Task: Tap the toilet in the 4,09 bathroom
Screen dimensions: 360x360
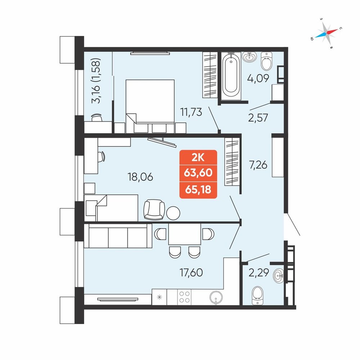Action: (x=266, y=61)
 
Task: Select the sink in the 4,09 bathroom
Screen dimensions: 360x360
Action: (x=249, y=57)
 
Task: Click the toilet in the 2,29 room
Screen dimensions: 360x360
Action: (x=257, y=296)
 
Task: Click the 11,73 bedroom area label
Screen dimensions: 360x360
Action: (x=191, y=112)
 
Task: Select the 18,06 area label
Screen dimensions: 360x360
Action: (x=140, y=177)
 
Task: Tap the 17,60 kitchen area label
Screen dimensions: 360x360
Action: (x=191, y=273)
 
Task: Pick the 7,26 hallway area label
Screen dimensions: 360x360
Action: (x=258, y=165)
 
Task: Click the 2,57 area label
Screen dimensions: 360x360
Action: (x=258, y=118)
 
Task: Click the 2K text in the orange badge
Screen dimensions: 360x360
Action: (x=198, y=158)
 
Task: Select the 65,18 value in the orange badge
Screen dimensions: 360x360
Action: (x=198, y=190)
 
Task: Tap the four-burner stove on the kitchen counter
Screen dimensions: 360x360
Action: (x=184, y=297)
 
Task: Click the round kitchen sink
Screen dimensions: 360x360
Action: (x=216, y=297)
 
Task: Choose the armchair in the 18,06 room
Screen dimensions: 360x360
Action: (x=154, y=210)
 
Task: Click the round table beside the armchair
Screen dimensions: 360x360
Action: (x=173, y=213)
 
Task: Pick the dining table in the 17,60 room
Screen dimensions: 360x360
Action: (x=185, y=234)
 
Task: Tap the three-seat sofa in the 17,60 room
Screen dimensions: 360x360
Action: (x=118, y=236)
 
